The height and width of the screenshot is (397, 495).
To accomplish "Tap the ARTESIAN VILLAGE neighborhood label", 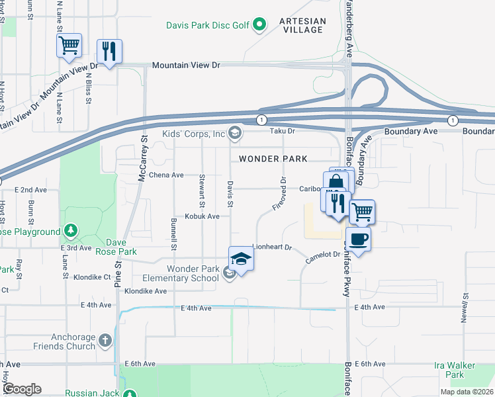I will pos(302,26).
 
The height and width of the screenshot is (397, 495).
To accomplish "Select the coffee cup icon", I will pos(358,239).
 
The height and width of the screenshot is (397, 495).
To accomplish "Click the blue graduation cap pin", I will pos(241,259).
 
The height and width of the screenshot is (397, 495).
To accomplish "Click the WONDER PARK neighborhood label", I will pos(273,159).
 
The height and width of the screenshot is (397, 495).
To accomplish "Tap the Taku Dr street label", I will pos(281,131).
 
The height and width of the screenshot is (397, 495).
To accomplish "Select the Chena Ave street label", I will pos(166,175).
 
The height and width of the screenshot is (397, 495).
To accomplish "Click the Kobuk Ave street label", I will pos(202,216).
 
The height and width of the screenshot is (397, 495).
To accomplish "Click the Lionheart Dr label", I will pos(272,247).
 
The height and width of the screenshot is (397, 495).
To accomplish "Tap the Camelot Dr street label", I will pos(322,258).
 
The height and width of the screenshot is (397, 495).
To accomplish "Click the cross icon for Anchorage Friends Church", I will pos(105,340).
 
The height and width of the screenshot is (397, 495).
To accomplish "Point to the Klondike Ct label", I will pos(91,277).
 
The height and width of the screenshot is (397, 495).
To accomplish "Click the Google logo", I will pos(22,388).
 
